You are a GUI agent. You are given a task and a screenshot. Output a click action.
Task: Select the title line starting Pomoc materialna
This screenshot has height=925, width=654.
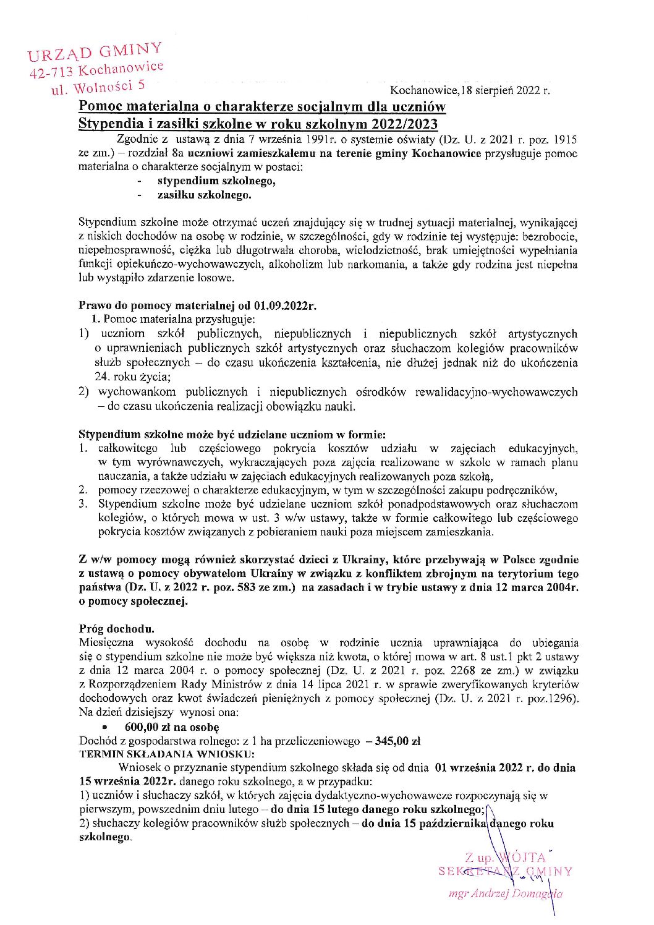pos(262,106)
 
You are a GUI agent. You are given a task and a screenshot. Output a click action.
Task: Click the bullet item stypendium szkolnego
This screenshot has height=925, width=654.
pos(216,181)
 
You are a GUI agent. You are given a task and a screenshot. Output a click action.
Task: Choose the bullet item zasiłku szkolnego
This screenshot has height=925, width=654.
pos(204,195)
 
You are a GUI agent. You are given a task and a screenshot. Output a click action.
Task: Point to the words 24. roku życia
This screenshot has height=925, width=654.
pos(133,377)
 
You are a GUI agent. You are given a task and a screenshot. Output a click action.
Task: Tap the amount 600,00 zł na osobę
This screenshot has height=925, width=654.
pos(172,727)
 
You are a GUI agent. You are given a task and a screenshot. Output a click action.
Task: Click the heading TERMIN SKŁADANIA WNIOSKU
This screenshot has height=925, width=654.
pos(166,754)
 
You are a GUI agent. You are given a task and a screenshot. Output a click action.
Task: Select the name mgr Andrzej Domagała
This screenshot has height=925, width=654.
pos(506,893)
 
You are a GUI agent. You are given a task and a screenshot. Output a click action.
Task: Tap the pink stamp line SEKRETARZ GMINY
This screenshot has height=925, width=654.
pos(506,871)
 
